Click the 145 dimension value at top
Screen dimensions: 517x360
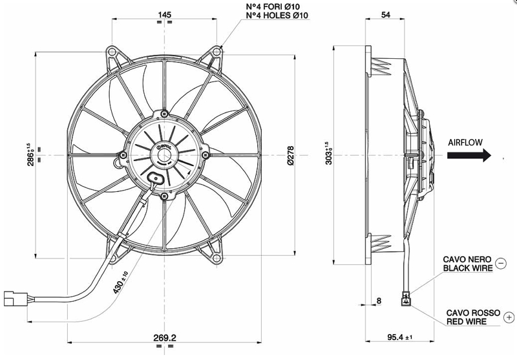tap(165, 14)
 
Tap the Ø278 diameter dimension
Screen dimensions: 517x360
tap(291, 156)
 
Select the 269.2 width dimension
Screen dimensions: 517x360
tap(165, 337)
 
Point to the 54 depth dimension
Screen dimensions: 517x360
tap(385, 14)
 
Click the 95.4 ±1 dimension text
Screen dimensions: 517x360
tap(399, 337)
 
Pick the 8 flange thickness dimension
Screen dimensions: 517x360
tap(379, 301)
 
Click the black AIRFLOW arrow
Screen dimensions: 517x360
tap(469, 155)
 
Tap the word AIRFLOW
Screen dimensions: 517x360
tap(465, 142)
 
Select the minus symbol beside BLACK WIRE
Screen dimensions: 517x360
tap(501, 264)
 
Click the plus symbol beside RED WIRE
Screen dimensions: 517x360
tap(509, 317)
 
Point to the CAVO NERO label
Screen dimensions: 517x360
tap(467, 259)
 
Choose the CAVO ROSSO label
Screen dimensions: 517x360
tap(473, 313)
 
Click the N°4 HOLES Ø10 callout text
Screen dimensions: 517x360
tap(277, 15)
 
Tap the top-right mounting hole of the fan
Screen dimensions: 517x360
tap(216, 52)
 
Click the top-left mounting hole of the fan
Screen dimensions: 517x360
tap(112, 52)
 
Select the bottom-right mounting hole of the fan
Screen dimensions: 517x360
tap(216, 258)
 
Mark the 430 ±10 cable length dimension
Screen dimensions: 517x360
tap(120, 282)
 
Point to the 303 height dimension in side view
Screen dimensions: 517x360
tap(328, 154)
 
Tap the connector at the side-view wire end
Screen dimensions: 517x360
tap(405, 298)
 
